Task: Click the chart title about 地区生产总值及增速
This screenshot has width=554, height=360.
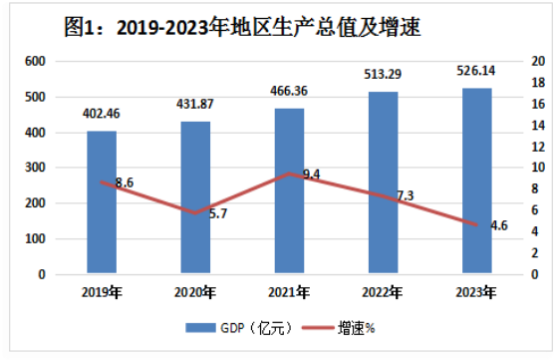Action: click(242, 27)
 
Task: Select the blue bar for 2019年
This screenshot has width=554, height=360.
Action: click(102, 201)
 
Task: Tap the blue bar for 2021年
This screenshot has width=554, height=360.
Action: click(289, 190)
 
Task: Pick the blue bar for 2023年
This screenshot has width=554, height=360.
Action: click(477, 180)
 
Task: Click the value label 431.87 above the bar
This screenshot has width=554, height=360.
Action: click(195, 104)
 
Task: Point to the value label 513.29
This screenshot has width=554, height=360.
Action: click(383, 74)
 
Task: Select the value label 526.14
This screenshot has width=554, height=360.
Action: click(476, 71)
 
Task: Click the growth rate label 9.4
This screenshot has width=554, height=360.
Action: click(311, 175)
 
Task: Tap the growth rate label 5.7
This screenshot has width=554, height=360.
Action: click(218, 213)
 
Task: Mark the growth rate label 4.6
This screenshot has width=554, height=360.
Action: click(499, 225)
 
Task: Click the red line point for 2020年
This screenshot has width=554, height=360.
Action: click(195, 213)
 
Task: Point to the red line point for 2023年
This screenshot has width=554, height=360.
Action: click(476, 225)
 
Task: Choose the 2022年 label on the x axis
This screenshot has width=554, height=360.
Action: click(383, 292)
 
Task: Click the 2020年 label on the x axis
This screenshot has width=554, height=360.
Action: click(194, 292)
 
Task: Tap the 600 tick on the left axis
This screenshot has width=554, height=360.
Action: click(35, 61)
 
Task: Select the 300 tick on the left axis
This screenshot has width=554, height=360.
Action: click(35, 168)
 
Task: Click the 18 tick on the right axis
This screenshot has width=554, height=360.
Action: click(538, 83)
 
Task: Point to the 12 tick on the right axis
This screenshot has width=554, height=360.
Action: click(538, 147)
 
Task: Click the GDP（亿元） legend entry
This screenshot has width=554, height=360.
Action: click(239, 328)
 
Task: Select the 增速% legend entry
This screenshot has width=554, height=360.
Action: click(338, 328)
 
